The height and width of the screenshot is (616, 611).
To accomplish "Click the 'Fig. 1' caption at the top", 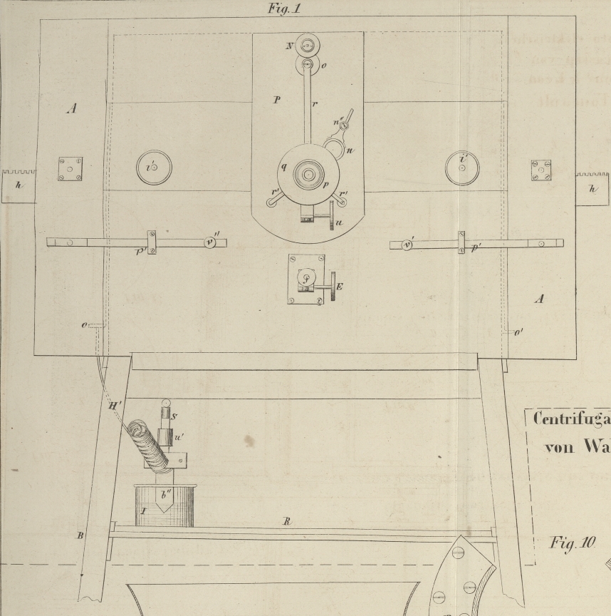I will (x=285, y=8).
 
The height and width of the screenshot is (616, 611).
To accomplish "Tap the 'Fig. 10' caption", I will (x=572, y=543).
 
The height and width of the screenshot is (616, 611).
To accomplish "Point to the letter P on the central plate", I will (x=277, y=101).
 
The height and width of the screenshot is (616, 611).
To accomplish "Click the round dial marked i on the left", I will (x=154, y=168).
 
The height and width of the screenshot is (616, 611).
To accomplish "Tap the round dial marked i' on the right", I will (x=462, y=168).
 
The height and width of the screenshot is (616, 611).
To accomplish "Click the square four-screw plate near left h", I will (x=70, y=169).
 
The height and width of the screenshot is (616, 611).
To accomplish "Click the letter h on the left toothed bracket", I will (x=19, y=187).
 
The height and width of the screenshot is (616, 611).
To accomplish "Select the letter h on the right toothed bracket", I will (x=592, y=189).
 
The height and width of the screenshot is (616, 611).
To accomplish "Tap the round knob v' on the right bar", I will (x=407, y=245).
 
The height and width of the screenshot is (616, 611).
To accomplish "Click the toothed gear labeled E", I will (x=331, y=287).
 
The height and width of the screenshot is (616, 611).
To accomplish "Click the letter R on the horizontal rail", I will (x=286, y=522).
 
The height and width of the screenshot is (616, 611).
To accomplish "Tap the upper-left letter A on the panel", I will (x=72, y=109).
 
